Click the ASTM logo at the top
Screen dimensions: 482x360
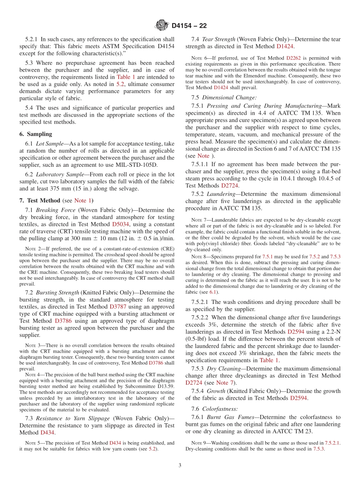[x=161, y=25]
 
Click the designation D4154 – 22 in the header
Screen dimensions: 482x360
[x=189, y=26]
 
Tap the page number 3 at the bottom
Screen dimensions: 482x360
[x=180, y=465]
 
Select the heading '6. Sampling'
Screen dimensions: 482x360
[x=36, y=134]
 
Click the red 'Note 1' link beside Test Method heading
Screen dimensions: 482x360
[x=80, y=200]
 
